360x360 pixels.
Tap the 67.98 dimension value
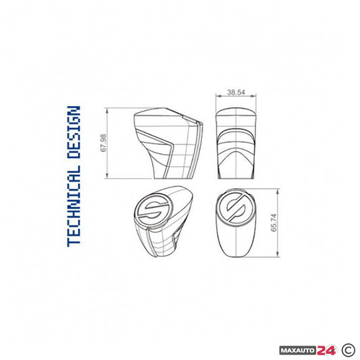tap(103, 143)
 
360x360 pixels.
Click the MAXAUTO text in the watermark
tap(298, 332)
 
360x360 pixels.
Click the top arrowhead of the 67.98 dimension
tap(110, 110)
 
